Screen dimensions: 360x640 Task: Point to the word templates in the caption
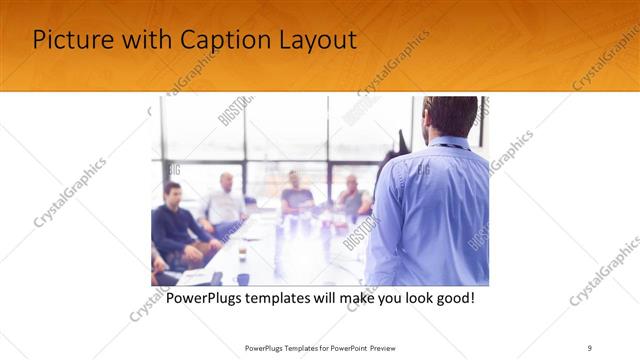(x=294, y=299)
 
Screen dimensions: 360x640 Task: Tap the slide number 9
(x=590, y=347)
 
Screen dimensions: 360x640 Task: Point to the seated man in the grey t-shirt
(x=296, y=194)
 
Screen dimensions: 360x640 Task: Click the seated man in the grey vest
(x=352, y=197)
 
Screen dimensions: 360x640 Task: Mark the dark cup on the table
(x=243, y=279)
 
